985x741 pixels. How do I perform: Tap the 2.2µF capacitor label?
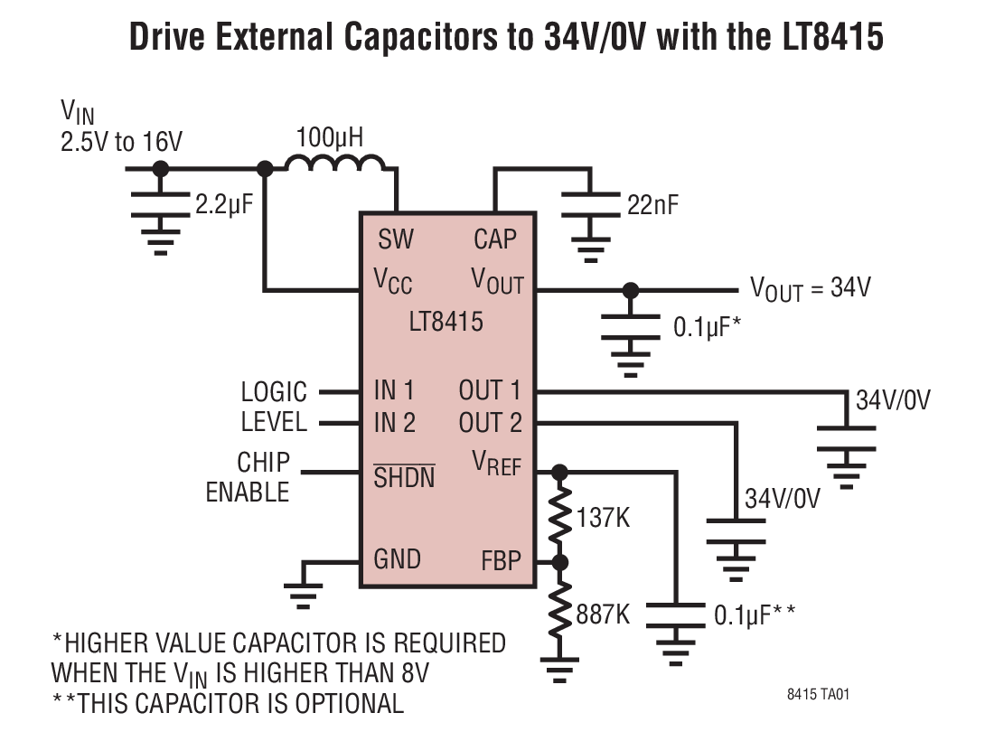224,204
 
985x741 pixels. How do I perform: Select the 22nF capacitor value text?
652,205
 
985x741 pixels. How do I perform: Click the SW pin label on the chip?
395,239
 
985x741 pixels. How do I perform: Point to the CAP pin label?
495,239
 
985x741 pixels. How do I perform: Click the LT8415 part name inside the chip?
446,321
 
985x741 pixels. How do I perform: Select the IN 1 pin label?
394,390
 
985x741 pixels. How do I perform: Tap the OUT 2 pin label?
490,422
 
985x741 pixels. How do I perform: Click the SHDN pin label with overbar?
404,477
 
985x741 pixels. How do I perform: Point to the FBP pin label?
501,561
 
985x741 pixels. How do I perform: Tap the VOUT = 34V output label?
811,288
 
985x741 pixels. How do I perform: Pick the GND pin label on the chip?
397,559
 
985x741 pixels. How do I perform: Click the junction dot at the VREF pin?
560,471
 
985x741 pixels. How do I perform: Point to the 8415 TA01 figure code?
817,695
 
